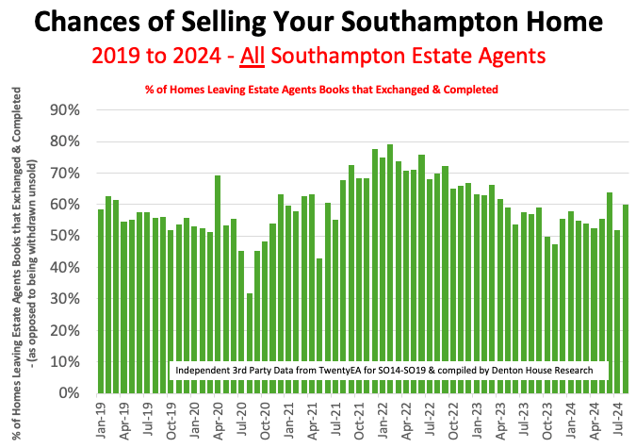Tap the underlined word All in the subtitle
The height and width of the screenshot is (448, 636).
click(x=253, y=56)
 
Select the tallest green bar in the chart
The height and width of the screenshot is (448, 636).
click(x=390, y=269)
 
